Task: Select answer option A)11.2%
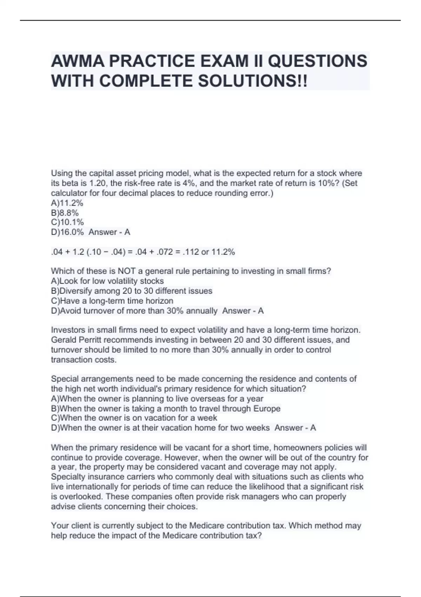pos(67,203)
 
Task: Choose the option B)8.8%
pos(65,213)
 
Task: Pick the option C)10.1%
pos(67,222)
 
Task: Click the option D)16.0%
pos(67,232)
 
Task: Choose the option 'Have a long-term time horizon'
pos(112,301)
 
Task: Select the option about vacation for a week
pos(134,418)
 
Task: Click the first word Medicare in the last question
pos(207,526)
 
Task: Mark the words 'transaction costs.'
pos(83,360)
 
